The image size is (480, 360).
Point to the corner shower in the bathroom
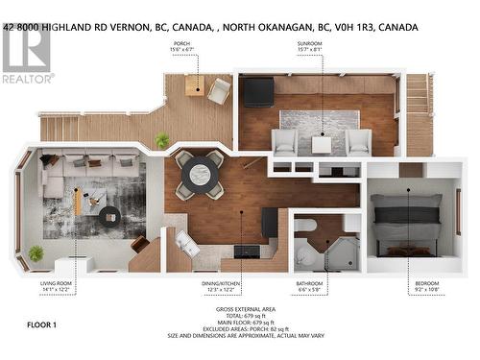[x=341, y=252]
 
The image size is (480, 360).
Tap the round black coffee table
[x=108, y=215]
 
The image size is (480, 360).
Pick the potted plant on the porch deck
[x=162, y=140]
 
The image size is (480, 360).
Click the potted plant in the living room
[x=36, y=253]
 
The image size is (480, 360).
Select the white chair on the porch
[x=219, y=90]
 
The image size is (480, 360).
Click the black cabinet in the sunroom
[x=257, y=92]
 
